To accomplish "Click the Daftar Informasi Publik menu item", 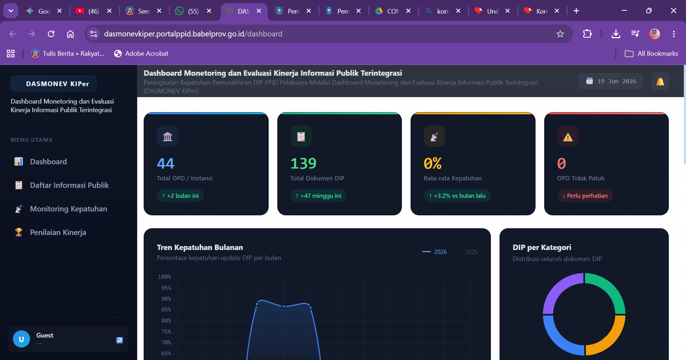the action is (61, 185).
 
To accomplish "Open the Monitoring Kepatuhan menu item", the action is (61, 209).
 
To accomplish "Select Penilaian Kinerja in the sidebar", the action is (50, 232).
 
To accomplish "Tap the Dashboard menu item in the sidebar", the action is (40, 161).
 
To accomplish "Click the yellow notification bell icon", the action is (660, 81).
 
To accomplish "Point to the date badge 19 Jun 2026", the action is (611, 81).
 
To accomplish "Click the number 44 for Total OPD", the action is (165, 163).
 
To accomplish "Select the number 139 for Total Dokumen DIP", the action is (303, 163).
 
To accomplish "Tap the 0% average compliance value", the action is (433, 163).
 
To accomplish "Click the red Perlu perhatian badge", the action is (585, 196).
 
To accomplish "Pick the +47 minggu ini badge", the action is (318, 196).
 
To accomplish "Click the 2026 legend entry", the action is (434, 252).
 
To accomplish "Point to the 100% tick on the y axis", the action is (164, 277).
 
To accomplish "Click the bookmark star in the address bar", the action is (560, 34).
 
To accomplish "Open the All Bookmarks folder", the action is (651, 54).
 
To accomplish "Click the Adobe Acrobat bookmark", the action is (141, 54).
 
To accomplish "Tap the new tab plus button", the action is (576, 11).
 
